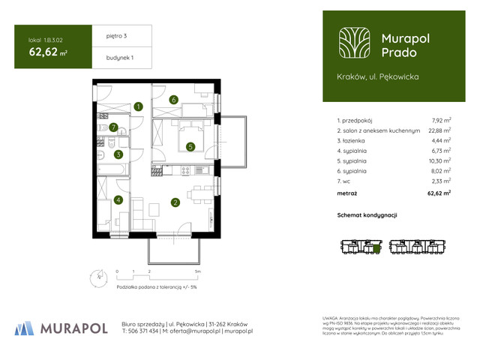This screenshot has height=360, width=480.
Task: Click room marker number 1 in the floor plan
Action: click(139, 107)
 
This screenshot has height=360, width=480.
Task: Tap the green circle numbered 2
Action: click(175, 202)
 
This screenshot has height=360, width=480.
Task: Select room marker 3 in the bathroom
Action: click(118, 155)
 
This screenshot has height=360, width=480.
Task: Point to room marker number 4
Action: click(118, 199)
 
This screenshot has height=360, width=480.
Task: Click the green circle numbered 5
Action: click(191, 147)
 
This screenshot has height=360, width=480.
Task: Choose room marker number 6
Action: click(172, 99)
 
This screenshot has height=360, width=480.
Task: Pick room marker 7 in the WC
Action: click(113, 127)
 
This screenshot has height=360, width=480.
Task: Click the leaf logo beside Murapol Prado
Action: click(354, 43)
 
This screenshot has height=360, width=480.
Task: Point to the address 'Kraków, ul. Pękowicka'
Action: click(378, 76)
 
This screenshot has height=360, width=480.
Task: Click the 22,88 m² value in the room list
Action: click(440, 130)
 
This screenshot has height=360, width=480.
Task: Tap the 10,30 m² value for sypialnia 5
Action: click(440, 160)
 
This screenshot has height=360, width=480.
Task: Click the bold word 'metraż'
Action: click(348, 193)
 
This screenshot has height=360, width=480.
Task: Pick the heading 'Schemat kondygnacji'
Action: click(367, 215)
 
